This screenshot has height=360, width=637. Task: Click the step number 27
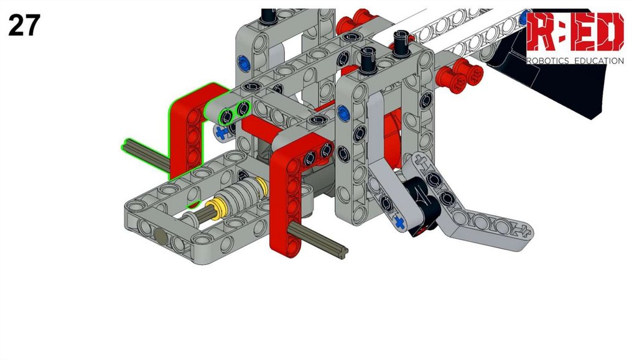24,25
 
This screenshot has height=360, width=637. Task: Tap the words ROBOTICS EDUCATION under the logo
575,61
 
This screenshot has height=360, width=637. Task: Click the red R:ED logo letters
575,32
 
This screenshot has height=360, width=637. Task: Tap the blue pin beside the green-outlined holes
221,132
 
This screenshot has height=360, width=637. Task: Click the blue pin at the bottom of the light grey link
400,223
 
